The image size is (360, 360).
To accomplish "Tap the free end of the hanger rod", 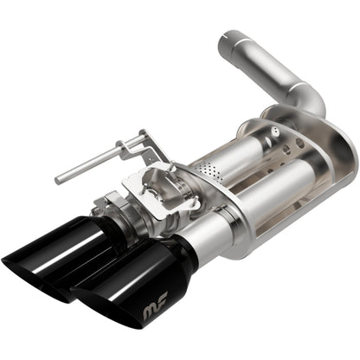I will [59, 179].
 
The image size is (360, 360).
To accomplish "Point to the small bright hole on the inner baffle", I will [274, 132].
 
